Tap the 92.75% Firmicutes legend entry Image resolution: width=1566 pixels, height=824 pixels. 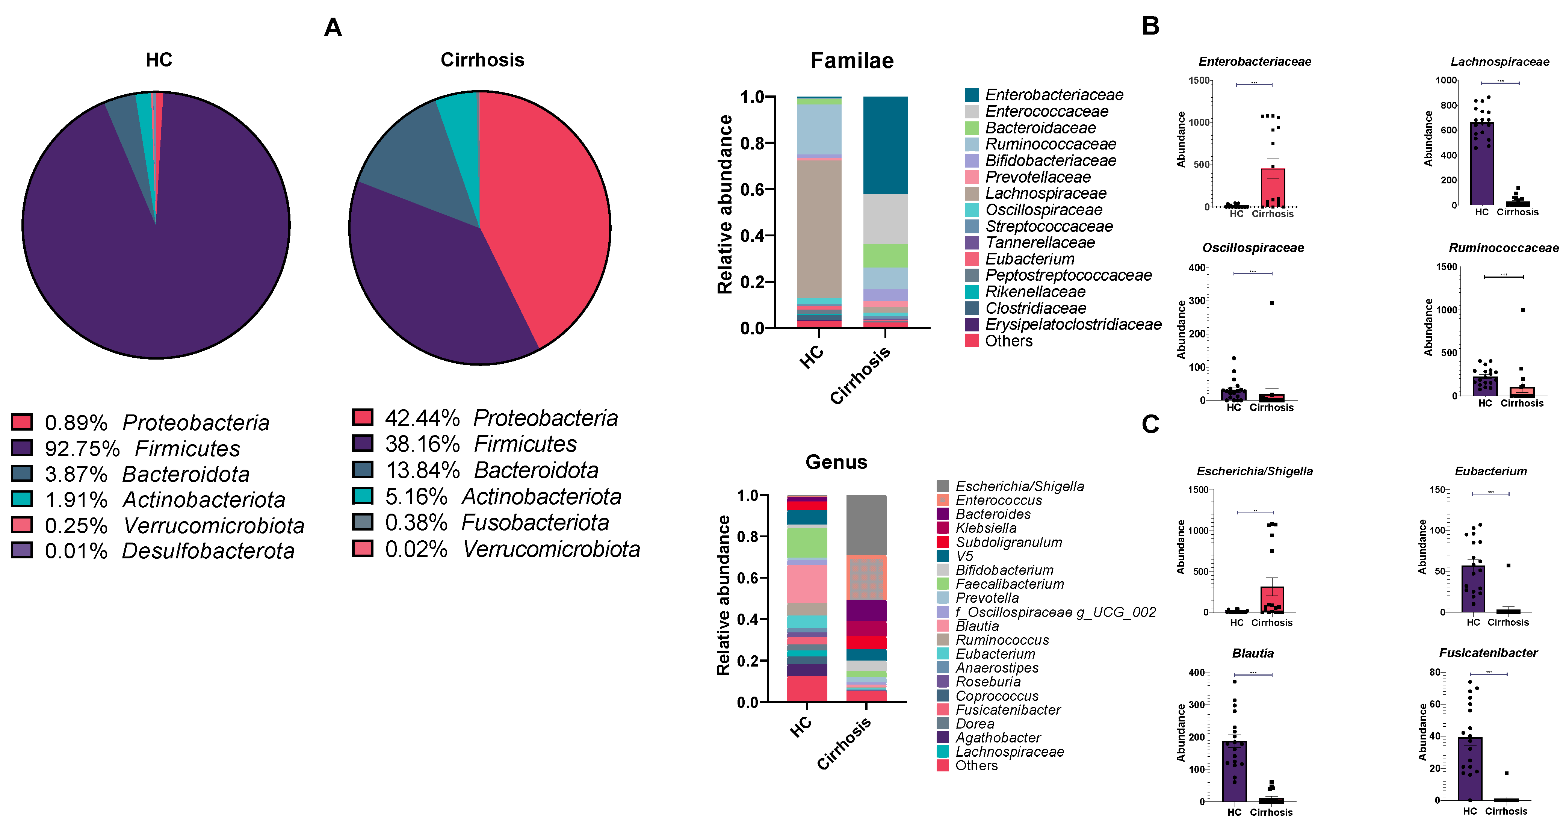(143, 448)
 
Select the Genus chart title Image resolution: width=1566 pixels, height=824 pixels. (836, 462)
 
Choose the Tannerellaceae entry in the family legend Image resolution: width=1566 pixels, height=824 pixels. (1040, 243)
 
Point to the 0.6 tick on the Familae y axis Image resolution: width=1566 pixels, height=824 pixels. (752, 190)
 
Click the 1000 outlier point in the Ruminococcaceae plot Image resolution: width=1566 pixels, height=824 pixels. (1523, 310)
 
